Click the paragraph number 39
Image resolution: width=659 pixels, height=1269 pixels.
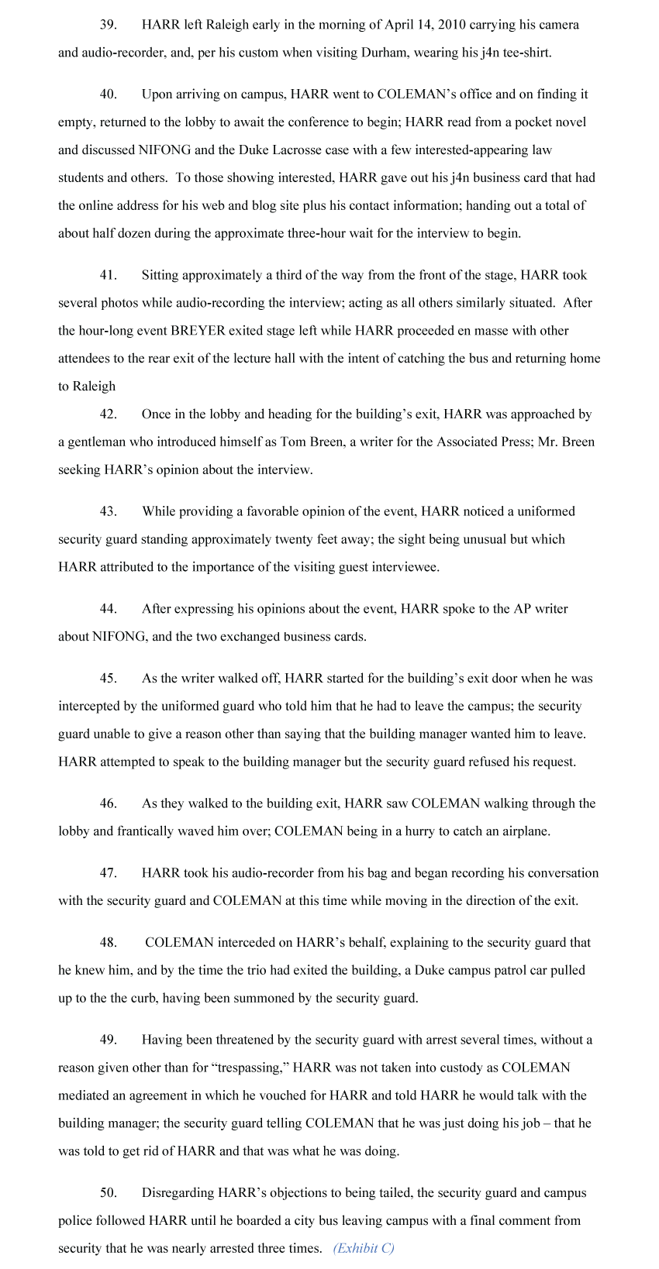(x=108, y=25)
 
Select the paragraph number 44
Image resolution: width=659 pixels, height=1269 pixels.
(x=108, y=609)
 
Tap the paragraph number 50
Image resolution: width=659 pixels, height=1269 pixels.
(x=108, y=1193)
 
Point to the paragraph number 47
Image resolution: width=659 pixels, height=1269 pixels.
(x=108, y=873)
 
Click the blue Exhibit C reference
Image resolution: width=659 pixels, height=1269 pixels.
(x=364, y=1248)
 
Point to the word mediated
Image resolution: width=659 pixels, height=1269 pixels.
(x=85, y=1096)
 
